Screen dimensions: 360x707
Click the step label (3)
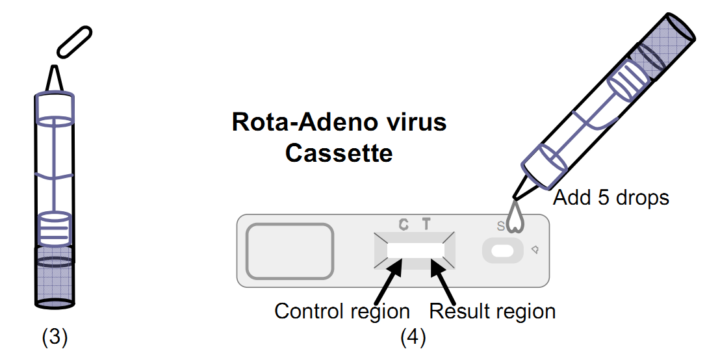tap(55, 337)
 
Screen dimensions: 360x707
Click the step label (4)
tap(413, 337)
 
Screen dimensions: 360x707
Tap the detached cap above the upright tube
tap(75, 42)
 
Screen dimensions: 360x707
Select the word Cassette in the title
tap(339, 153)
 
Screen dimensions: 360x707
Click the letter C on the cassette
tap(404, 225)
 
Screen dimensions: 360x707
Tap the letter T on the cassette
tap(426, 225)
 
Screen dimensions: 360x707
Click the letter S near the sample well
tap(500, 226)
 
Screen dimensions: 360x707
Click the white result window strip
tap(415, 250)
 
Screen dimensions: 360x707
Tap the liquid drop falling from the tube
tap(517, 218)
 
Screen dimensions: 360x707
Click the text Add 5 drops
tap(610, 197)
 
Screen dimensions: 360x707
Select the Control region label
tap(342, 311)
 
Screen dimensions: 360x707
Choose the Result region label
tap(493, 311)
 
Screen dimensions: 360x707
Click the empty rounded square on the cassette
tap(290, 250)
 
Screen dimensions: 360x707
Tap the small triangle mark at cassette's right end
tap(534, 250)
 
